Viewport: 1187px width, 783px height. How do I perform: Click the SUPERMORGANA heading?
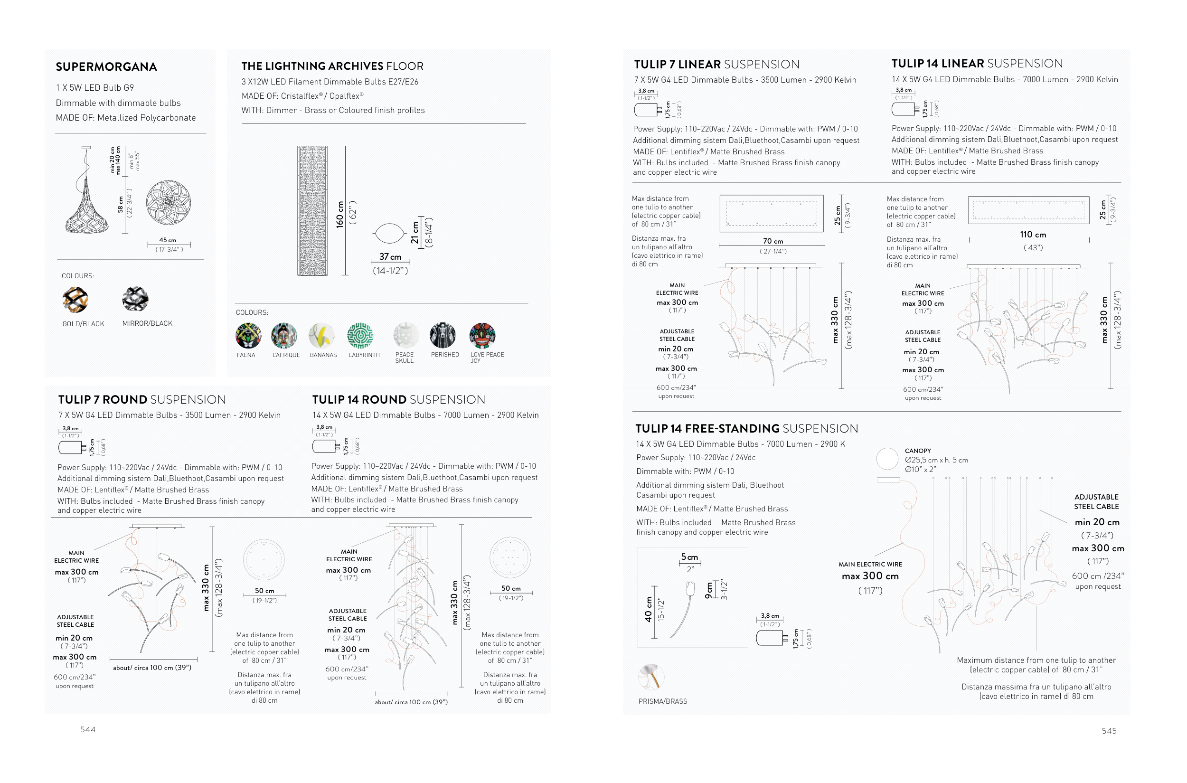106,67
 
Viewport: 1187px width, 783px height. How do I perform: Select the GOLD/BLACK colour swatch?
75,300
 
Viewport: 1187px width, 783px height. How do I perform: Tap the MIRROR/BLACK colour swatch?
135,299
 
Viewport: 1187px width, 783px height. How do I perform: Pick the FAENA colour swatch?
248,335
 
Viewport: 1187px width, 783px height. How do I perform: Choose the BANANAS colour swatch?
321,335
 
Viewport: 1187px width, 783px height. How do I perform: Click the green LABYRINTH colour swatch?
360,335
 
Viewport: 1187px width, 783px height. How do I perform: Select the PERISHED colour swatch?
443,335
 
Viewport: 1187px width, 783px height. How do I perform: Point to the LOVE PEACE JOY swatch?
482,335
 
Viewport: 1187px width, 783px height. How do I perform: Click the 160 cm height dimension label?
340,215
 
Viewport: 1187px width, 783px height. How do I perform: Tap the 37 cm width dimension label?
390,257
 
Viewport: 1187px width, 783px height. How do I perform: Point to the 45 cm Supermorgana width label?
168,240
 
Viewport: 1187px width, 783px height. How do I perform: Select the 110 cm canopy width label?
1033,235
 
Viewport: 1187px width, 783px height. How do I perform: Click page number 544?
88,729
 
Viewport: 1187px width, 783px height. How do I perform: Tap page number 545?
1109,731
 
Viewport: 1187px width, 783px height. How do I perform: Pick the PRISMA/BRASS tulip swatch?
651,677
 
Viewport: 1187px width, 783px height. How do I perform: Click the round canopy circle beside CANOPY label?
887,459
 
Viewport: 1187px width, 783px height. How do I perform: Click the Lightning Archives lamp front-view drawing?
312,210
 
